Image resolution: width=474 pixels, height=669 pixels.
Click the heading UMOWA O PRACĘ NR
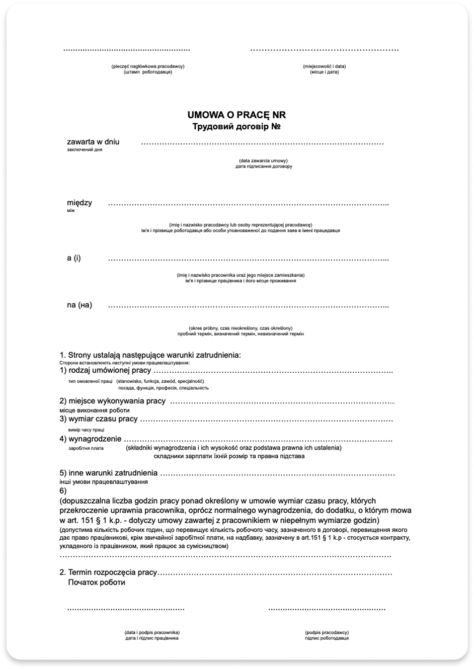click(236, 115)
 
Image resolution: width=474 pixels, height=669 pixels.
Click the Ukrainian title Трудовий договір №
click(236, 127)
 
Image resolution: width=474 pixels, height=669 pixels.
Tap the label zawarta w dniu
click(93, 142)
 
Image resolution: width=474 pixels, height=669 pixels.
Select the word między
click(80, 203)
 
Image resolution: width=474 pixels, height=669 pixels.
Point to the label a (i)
click(74, 258)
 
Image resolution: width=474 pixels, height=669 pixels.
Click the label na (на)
click(80, 305)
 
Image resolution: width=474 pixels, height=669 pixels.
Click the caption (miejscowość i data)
click(324, 66)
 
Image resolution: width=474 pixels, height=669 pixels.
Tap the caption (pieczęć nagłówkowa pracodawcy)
click(148, 66)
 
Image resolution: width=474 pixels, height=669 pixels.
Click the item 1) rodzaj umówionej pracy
click(105, 371)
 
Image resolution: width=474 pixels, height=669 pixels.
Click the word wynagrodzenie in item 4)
click(94, 440)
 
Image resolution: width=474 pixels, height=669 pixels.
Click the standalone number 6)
click(63, 490)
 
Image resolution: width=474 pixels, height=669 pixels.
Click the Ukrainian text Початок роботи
click(96, 582)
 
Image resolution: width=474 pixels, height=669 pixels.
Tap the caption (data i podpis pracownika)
click(152, 632)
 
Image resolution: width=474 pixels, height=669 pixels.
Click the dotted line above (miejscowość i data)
click(324, 50)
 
